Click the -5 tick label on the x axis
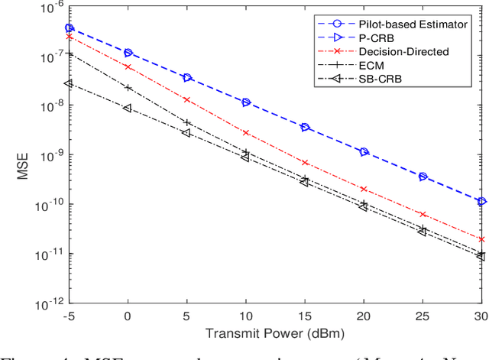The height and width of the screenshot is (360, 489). (x=69, y=316)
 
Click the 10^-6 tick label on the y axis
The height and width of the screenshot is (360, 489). (x=51, y=8)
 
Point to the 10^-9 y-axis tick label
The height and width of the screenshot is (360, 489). (x=51, y=155)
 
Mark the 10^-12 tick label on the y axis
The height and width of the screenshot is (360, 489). (x=51, y=303)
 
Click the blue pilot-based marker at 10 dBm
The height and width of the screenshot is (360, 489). (x=246, y=102)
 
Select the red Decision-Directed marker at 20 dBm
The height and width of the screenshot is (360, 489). (x=364, y=189)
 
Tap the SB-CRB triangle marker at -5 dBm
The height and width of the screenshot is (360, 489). (x=69, y=83)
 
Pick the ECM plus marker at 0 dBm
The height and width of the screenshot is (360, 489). (x=128, y=88)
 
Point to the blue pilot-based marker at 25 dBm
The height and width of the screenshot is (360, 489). (x=423, y=177)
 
